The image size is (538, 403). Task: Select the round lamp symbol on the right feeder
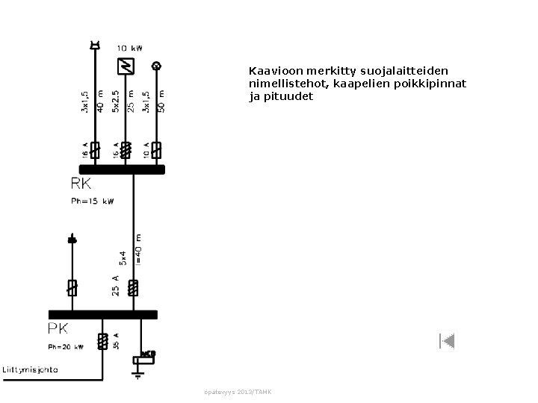156,66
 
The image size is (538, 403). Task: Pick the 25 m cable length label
131,101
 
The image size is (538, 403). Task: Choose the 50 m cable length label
161,101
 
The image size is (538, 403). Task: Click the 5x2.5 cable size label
115,101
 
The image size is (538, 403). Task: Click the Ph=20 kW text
66,346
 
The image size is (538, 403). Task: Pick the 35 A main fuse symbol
102,341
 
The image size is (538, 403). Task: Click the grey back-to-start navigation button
447,342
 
